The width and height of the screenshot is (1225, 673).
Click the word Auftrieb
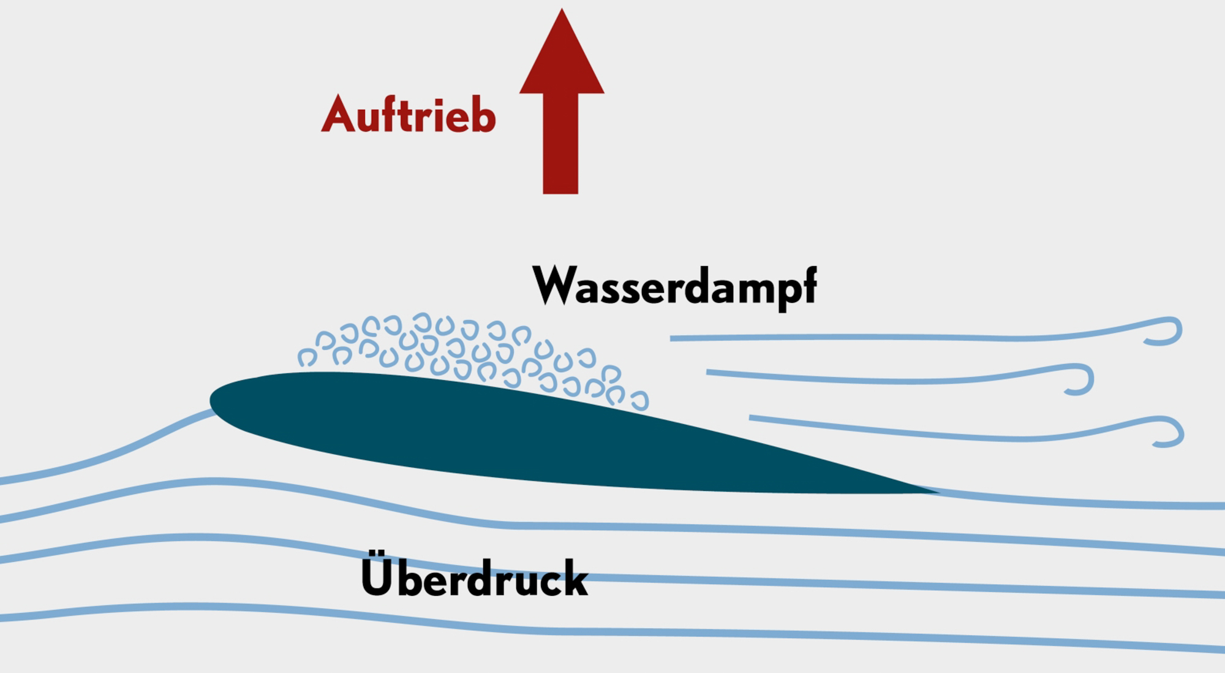[409, 115]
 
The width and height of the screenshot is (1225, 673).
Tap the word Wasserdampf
[674, 286]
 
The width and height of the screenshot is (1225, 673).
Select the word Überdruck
[475, 577]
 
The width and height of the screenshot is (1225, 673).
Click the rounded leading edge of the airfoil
[214, 401]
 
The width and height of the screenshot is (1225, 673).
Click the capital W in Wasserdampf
[552, 285]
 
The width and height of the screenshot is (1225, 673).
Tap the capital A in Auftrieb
[338, 115]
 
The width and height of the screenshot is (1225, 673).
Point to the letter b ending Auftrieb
[484, 115]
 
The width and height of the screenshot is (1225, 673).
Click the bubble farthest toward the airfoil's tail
[639, 401]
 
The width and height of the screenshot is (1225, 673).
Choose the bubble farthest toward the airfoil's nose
[307, 357]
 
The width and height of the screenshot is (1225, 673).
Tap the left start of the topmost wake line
[674, 338]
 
